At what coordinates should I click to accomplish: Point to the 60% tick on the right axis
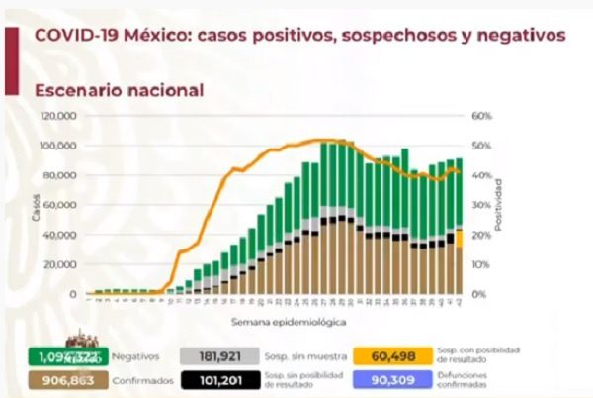click(x=481, y=116)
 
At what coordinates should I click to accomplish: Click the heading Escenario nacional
click(x=119, y=90)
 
